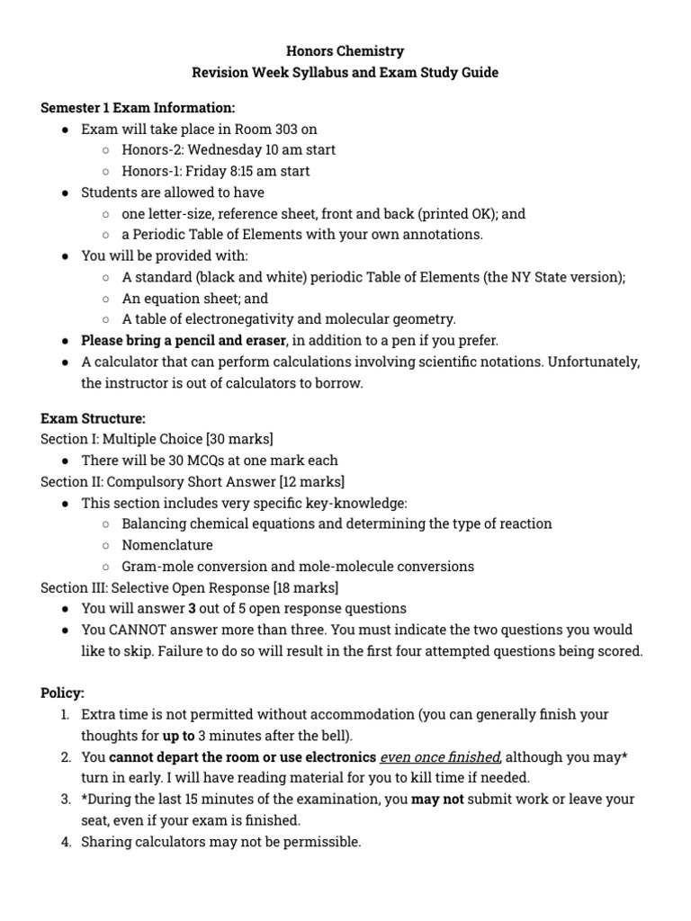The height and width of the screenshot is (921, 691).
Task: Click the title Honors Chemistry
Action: click(345, 51)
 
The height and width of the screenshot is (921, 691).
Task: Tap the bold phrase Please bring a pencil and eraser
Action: click(184, 341)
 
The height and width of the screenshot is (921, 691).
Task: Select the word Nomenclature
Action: click(167, 545)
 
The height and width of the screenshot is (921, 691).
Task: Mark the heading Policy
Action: click(62, 693)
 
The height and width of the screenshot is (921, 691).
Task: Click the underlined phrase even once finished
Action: click(439, 757)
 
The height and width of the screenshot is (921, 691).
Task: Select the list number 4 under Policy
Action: click(66, 842)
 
